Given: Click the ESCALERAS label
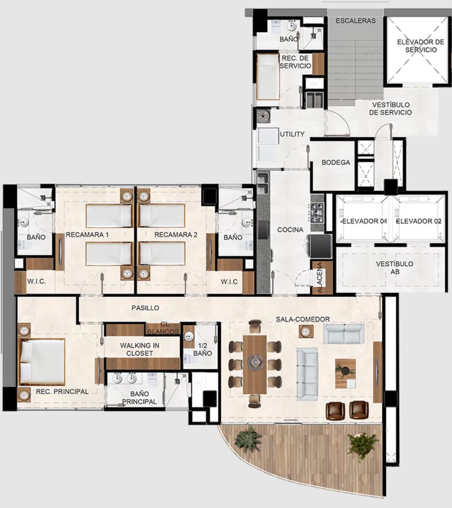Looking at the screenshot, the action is (x=356, y=21).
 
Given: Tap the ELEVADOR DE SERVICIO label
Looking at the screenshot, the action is (x=421, y=46).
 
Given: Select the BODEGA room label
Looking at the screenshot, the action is (x=336, y=162).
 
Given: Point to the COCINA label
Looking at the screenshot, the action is (x=290, y=229).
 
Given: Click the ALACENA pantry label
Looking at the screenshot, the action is (x=320, y=278).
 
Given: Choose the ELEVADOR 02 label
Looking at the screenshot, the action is (x=419, y=221).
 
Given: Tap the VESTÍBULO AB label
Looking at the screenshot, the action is (x=394, y=268).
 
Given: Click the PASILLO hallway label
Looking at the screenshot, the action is (x=146, y=308).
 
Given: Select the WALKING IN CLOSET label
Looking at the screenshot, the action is (x=140, y=349).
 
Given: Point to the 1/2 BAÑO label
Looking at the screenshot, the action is (x=203, y=349).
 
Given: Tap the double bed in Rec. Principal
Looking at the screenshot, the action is (x=42, y=362).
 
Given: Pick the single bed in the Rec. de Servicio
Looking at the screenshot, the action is (x=268, y=77).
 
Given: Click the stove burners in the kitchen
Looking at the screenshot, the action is (x=317, y=213).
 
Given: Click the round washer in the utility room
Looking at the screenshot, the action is (x=263, y=116).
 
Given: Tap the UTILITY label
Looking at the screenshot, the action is (x=292, y=134).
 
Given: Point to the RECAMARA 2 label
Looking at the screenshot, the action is (x=176, y=235).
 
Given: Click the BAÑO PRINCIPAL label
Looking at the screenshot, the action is (x=139, y=398).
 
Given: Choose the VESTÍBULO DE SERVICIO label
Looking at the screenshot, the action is (x=390, y=108).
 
